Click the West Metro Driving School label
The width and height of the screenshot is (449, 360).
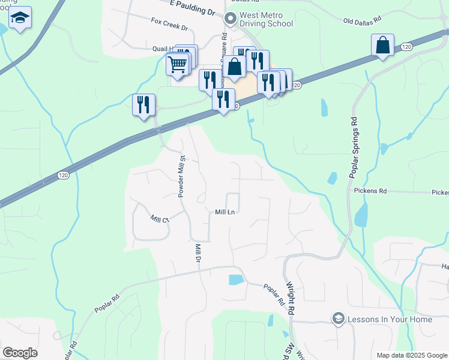pos(266,19)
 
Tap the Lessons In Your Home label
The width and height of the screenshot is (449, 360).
pos(389,319)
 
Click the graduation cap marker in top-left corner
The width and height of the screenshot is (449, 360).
pos(20,19)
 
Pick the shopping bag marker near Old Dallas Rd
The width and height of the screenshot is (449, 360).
pos(382,46)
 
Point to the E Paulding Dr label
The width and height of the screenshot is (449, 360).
pos(192,7)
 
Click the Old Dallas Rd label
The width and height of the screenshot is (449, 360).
pos(362,20)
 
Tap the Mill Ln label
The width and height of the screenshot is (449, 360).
pos(224,212)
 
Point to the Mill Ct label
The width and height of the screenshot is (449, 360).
pos(160,219)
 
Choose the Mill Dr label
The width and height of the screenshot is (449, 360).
pos(197,253)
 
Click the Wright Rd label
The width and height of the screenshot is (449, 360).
pos(291,299)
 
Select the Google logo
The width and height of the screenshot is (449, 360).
pos(20,353)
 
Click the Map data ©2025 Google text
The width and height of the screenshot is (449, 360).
pos(411,355)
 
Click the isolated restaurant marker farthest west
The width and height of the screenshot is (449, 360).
pos(143,106)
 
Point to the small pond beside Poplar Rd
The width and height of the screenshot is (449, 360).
pos(237,280)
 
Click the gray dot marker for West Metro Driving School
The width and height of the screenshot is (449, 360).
pos(229,19)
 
